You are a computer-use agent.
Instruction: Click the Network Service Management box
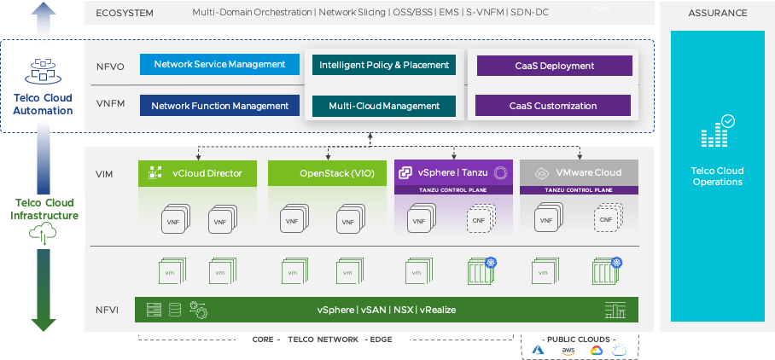pyautogui.click(x=219, y=65)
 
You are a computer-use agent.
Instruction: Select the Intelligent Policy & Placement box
pyautogui.click(x=383, y=65)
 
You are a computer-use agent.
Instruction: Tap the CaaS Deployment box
pyautogui.click(x=553, y=66)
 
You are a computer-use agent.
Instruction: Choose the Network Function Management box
pyautogui.click(x=219, y=106)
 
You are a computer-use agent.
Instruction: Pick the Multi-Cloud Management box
pyautogui.click(x=383, y=106)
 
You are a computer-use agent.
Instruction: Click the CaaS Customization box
pyautogui.click(x=553, y=106)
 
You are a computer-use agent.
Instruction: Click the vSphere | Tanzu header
pyautogui.click(x=452, y=172)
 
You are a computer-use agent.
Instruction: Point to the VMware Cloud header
pyautogui.click(x=579, y=172)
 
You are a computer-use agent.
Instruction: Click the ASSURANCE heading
pyautogui.click(x=717, y=13)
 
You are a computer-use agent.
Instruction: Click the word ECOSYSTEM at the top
pyautogui.click(x=126, y=13)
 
